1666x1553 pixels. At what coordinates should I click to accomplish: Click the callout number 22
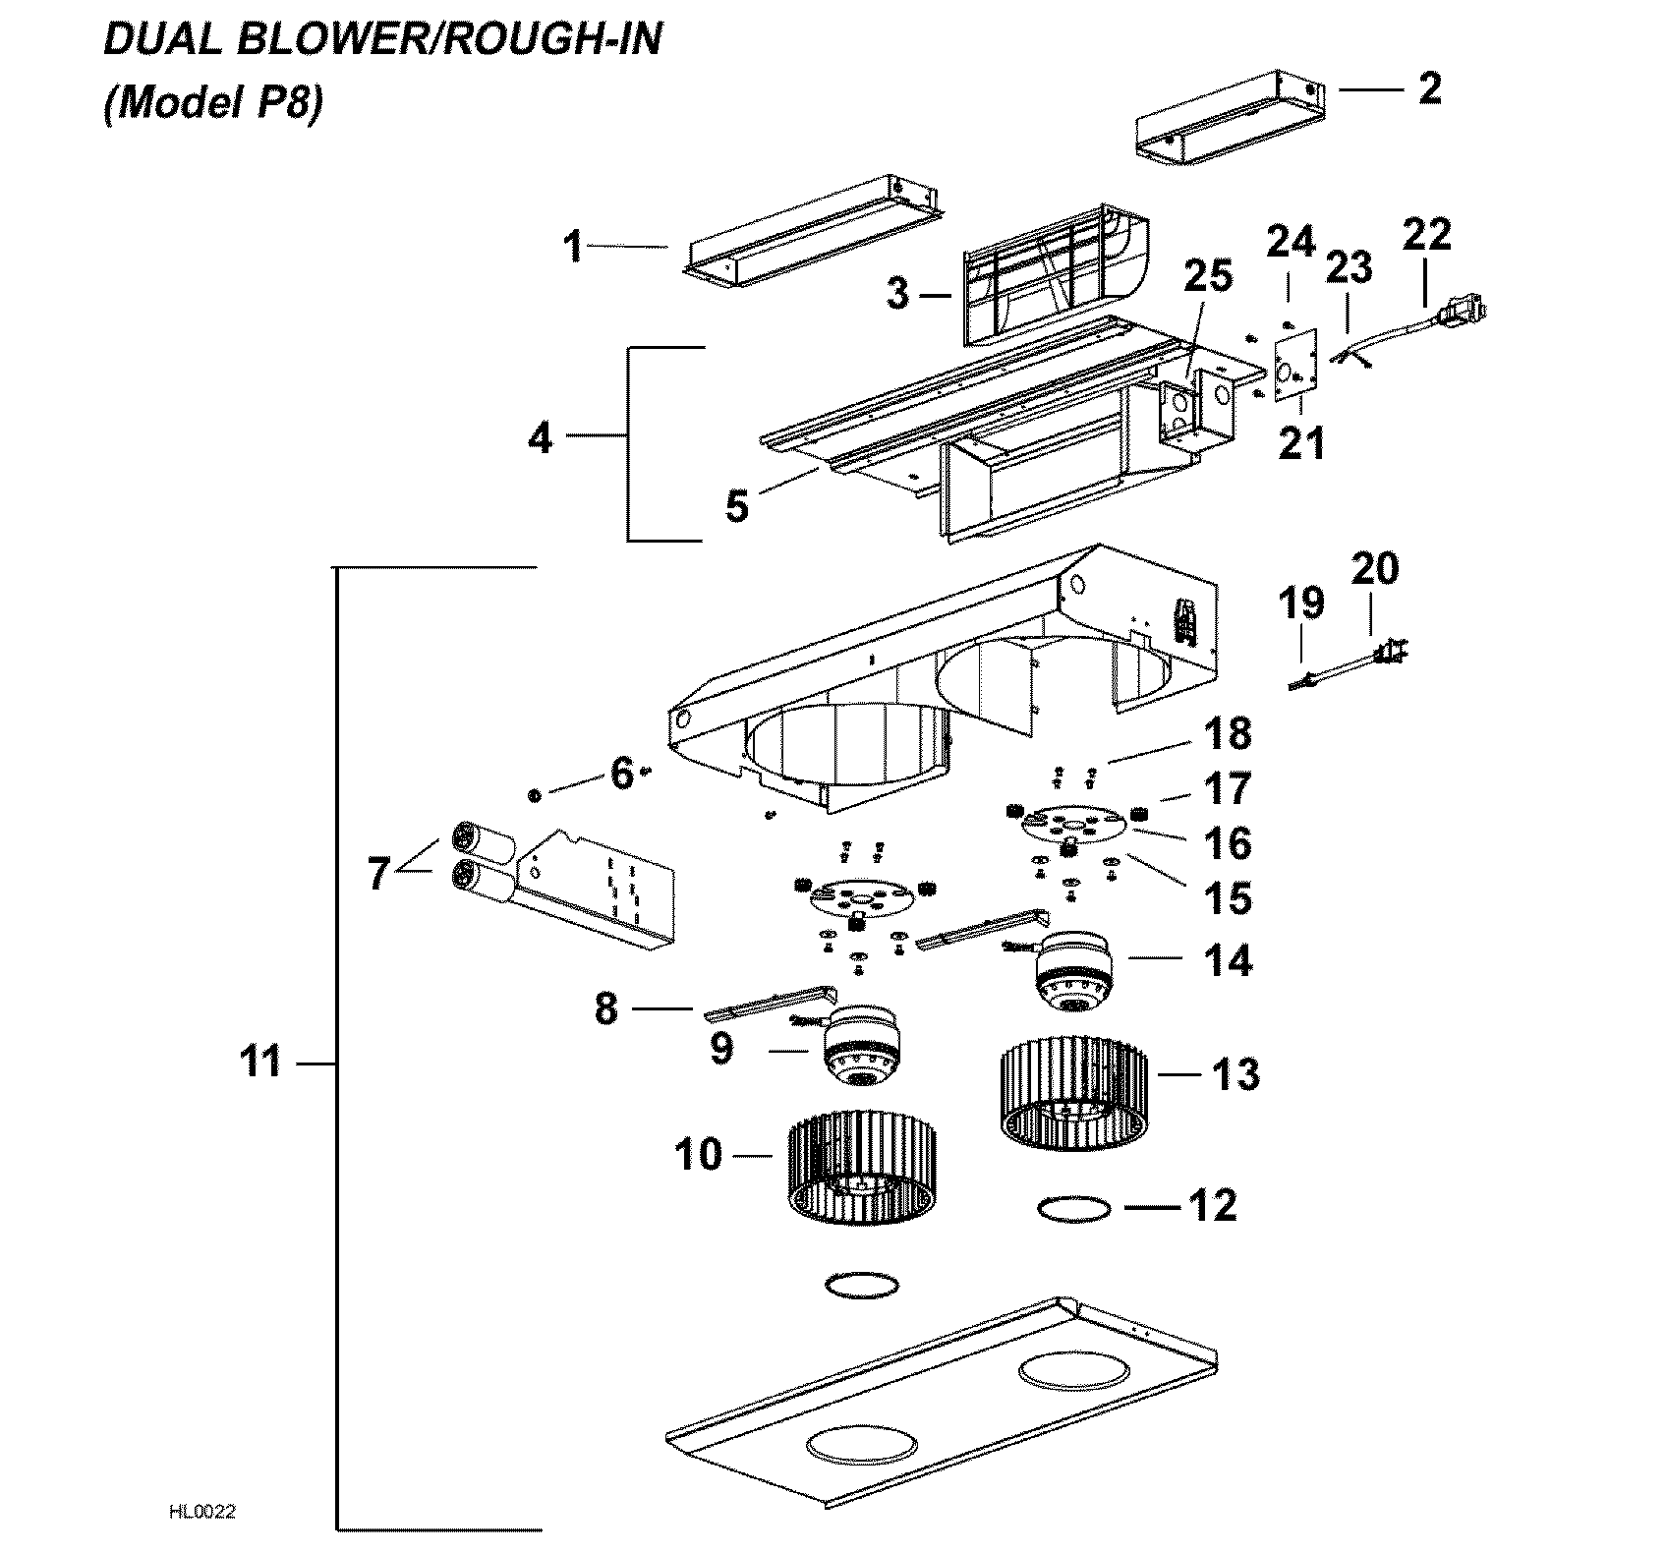1426,235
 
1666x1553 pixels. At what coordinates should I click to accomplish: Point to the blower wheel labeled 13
1072,1095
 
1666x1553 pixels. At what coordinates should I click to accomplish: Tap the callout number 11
261,1063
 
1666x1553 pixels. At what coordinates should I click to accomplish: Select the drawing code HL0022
202,1512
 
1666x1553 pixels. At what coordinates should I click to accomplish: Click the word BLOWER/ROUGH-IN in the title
462,41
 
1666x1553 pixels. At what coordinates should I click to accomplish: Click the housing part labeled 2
1229,123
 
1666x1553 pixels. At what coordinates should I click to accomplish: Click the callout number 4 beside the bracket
541,438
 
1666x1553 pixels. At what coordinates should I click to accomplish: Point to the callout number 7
378,874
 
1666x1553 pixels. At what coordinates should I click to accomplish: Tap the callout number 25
1207,277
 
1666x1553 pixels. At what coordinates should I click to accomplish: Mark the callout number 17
1229,789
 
